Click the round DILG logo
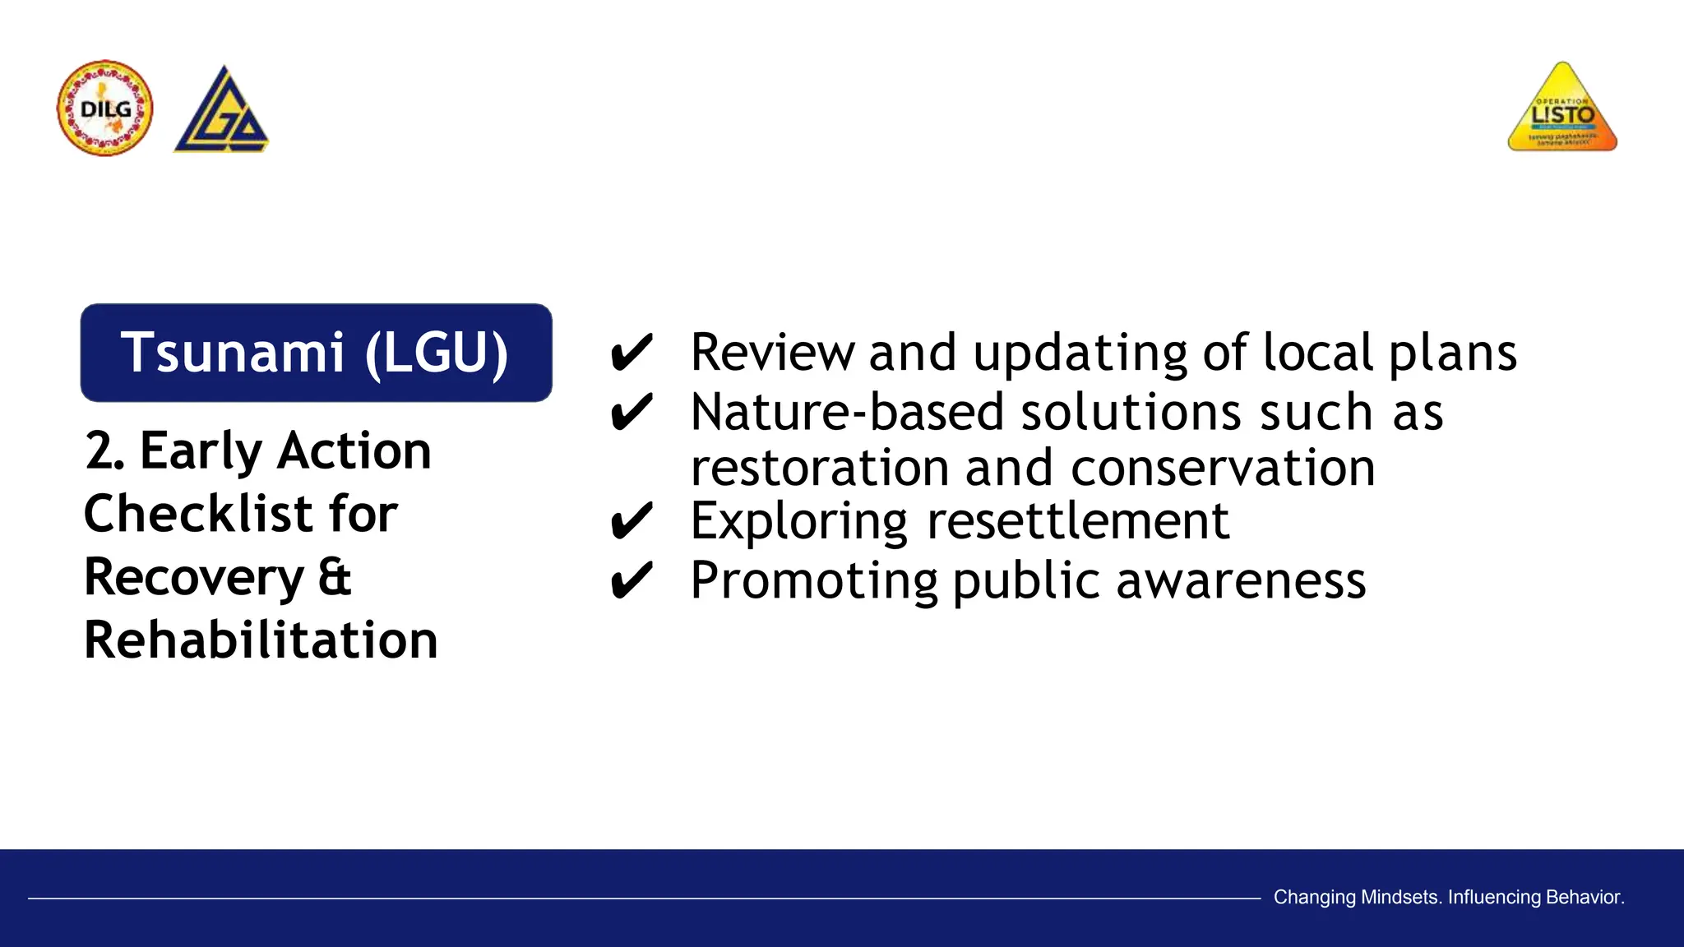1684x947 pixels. click(105, 109)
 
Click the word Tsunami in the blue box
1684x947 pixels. click(233, 353)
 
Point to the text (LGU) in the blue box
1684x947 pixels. click(437, 353)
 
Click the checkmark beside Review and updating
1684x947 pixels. click(631, 353)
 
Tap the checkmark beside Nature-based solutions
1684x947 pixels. click(631, 413)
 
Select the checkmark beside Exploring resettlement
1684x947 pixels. click(631, 522)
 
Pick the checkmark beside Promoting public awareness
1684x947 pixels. click(631, 581)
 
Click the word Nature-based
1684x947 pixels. click(848, 412)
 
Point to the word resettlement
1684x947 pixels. click(1078, 521)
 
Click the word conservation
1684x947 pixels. click(1223, 468)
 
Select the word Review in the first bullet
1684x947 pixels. click(772, 353)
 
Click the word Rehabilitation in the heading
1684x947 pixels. click(261, 640)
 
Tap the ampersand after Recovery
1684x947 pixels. click(335, 576)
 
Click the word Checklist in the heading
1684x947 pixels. click(198, 514)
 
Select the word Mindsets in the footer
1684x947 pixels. click(1399, 897)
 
